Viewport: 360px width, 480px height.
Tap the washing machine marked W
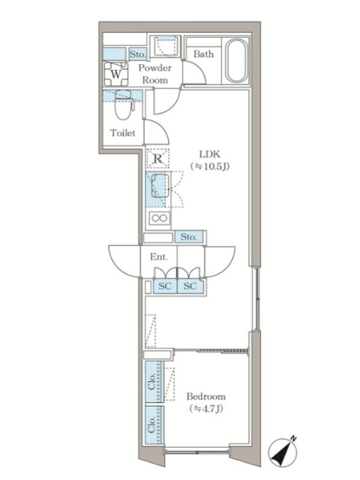(x=116, y=74)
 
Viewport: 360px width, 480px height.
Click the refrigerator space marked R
(x=158, y=158)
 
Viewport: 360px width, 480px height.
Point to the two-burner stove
(x=159, y=218)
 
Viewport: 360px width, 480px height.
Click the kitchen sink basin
(x=160, y=186)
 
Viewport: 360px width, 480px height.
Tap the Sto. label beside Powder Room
(x=137, y=55)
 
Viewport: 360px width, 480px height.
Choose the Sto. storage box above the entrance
(x=188, y=237)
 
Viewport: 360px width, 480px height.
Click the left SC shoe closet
(x=165, y=286)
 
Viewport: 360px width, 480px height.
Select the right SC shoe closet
(x=190, y=286)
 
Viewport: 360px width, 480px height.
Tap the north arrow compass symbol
(x=283, y=452)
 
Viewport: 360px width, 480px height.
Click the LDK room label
(x=209, y=154)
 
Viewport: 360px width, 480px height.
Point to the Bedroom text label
(x=206, y=397)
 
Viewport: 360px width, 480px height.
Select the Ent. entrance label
(x=158, y=257)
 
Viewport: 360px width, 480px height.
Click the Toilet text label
(x=123, y=133)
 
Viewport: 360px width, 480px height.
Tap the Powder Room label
(x=155, y=74)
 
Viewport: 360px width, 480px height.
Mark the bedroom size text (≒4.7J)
(x=206, y=409)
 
